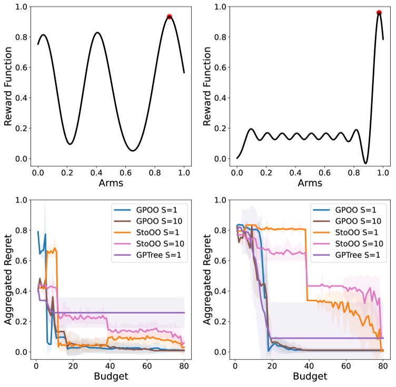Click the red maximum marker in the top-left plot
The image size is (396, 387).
tap(170, 17)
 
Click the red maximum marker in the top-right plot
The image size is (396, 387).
tap(379, 13)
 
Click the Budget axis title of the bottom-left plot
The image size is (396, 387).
tap(111, 377)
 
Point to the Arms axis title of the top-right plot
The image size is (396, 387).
tap(310, 184)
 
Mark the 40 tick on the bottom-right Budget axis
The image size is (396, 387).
tap(310, 364)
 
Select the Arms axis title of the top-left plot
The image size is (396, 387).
tap(111, 184)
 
